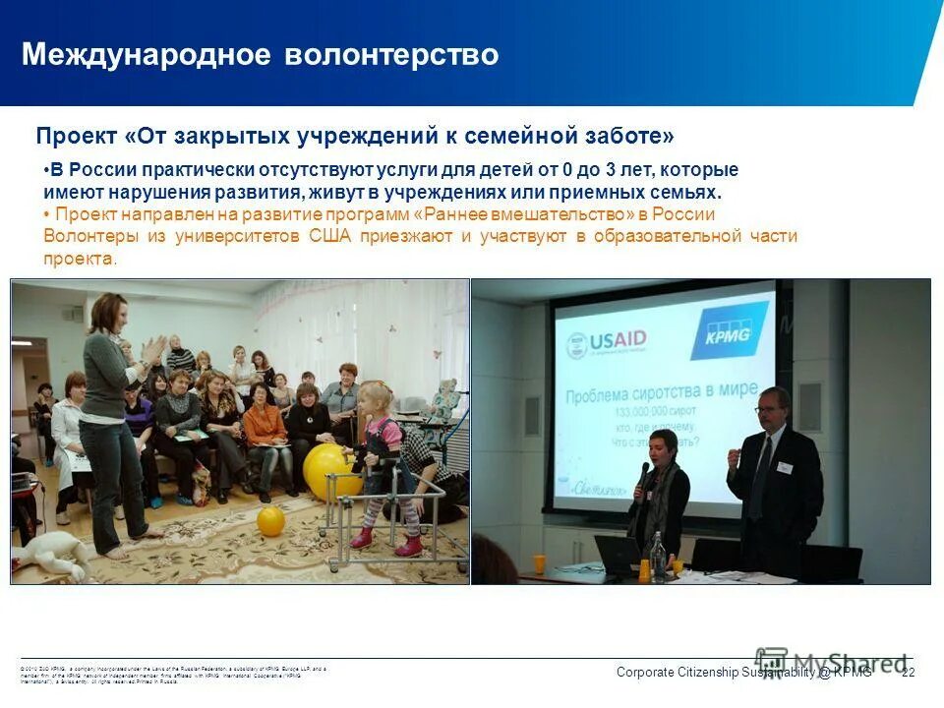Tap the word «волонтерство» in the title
click(x=391, y=54)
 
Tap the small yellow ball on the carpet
click(x=270, y=520)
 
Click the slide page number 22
click(x=908, y=673)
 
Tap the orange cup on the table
click(x=539, y=563)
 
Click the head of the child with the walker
click(x=378, y=397)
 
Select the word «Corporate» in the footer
click(x=645, y=673)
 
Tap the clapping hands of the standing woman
click(x=153, y=349)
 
